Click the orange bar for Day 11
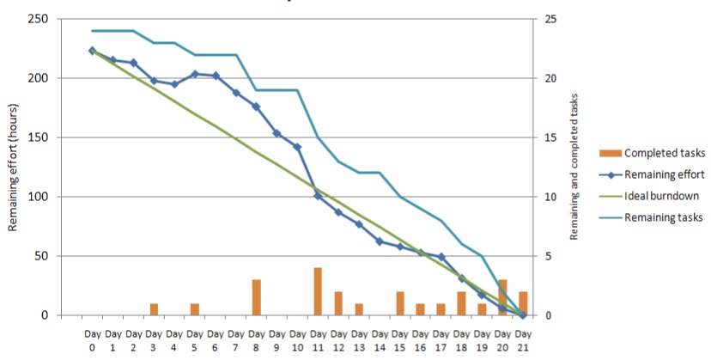tap(318, 291)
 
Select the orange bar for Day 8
tap(256, 297)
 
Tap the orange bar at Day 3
tap(154, 309)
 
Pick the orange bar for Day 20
tap(502, 297)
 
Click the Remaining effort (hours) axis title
tap(15, 168)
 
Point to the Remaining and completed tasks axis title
tap(574, 168)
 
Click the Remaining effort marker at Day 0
tap(92, 51)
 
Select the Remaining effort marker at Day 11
tap(318, 196)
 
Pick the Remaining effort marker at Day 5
tap(195, 74)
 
